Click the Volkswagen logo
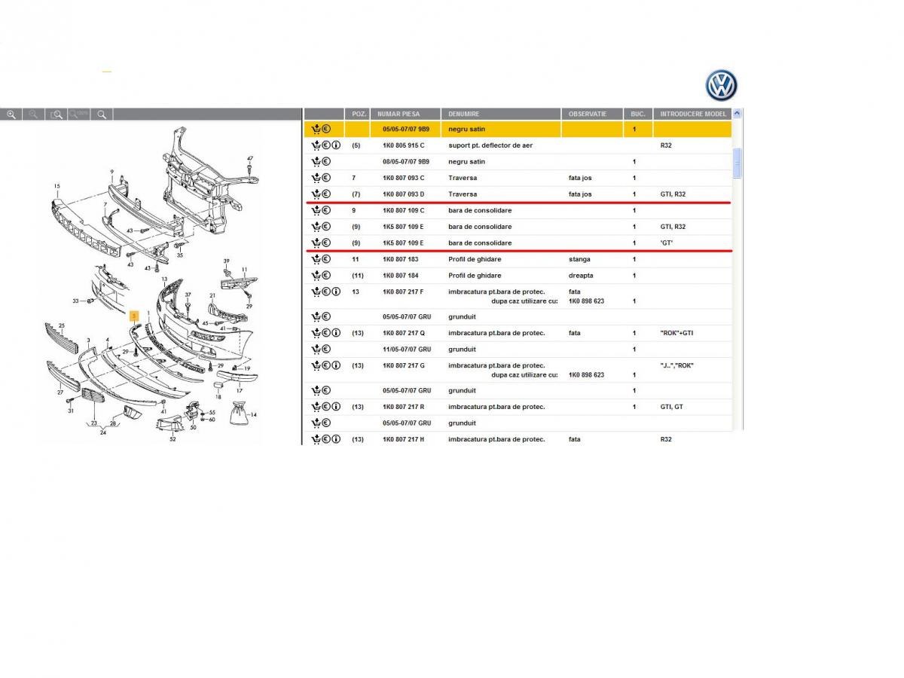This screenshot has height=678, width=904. pyautogui.click(x=721, y=85)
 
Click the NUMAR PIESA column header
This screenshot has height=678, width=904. pyautogui.click(x=399, y=114)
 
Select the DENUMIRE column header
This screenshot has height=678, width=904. pyautogui.click(x=463, y=114)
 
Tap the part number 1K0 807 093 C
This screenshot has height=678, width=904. pyautogui.click(x=403, y=178)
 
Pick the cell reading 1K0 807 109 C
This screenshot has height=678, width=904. pyautogui.click(x=403, y=210)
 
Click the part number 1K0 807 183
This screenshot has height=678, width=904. pyautogui.click(x=400, y=259)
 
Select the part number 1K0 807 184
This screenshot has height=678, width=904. pyautogui.click(x=400, y=276)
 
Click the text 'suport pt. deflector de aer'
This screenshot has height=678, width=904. pyautogui.click(x=490, y=145)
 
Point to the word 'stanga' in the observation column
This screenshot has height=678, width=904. pyautogui.click(x=579, y=259)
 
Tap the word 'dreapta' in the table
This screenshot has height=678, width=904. pyautogui.click(x=581, y=276)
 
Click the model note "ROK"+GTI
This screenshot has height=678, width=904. pyautogui.click(x=676, y=333)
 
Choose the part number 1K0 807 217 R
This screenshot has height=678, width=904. pyautogui.click(x=403, y=407)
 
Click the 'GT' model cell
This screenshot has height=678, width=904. pyautogui.click(x=666, y=243)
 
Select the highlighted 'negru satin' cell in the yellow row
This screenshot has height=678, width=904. pyautogui.click(x=466, y=130)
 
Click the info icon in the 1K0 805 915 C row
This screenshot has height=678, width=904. pyautogui.click(x=336, y=145)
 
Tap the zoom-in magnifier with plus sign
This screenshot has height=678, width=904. pyautogui.click(x=11, y=115)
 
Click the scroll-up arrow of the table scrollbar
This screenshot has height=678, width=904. pyautogui.click(x=737, y=113)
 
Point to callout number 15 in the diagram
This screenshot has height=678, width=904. pyautogui.click(x=56, y=186)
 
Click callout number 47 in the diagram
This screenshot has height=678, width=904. pyautogui.click(x=250, y=158)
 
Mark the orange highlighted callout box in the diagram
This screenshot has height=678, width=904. pyautogui.click(x=134, y=316)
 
